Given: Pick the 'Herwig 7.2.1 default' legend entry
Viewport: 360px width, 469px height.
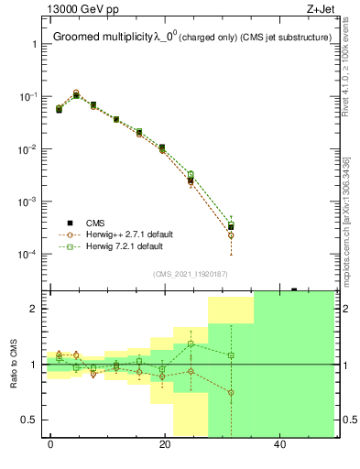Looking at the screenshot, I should [125, 246].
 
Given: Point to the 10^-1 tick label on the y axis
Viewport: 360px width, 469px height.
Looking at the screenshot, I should [29, 96].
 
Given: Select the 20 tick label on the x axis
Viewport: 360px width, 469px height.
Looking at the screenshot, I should [165, 445].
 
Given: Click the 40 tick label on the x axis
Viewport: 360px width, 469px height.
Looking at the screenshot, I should [279, 445].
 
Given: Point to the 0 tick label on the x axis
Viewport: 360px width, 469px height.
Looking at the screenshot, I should [49, 445].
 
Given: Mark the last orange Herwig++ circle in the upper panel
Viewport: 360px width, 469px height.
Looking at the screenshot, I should [231, 235].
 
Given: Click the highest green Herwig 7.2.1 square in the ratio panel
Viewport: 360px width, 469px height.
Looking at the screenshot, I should [191, 344].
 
